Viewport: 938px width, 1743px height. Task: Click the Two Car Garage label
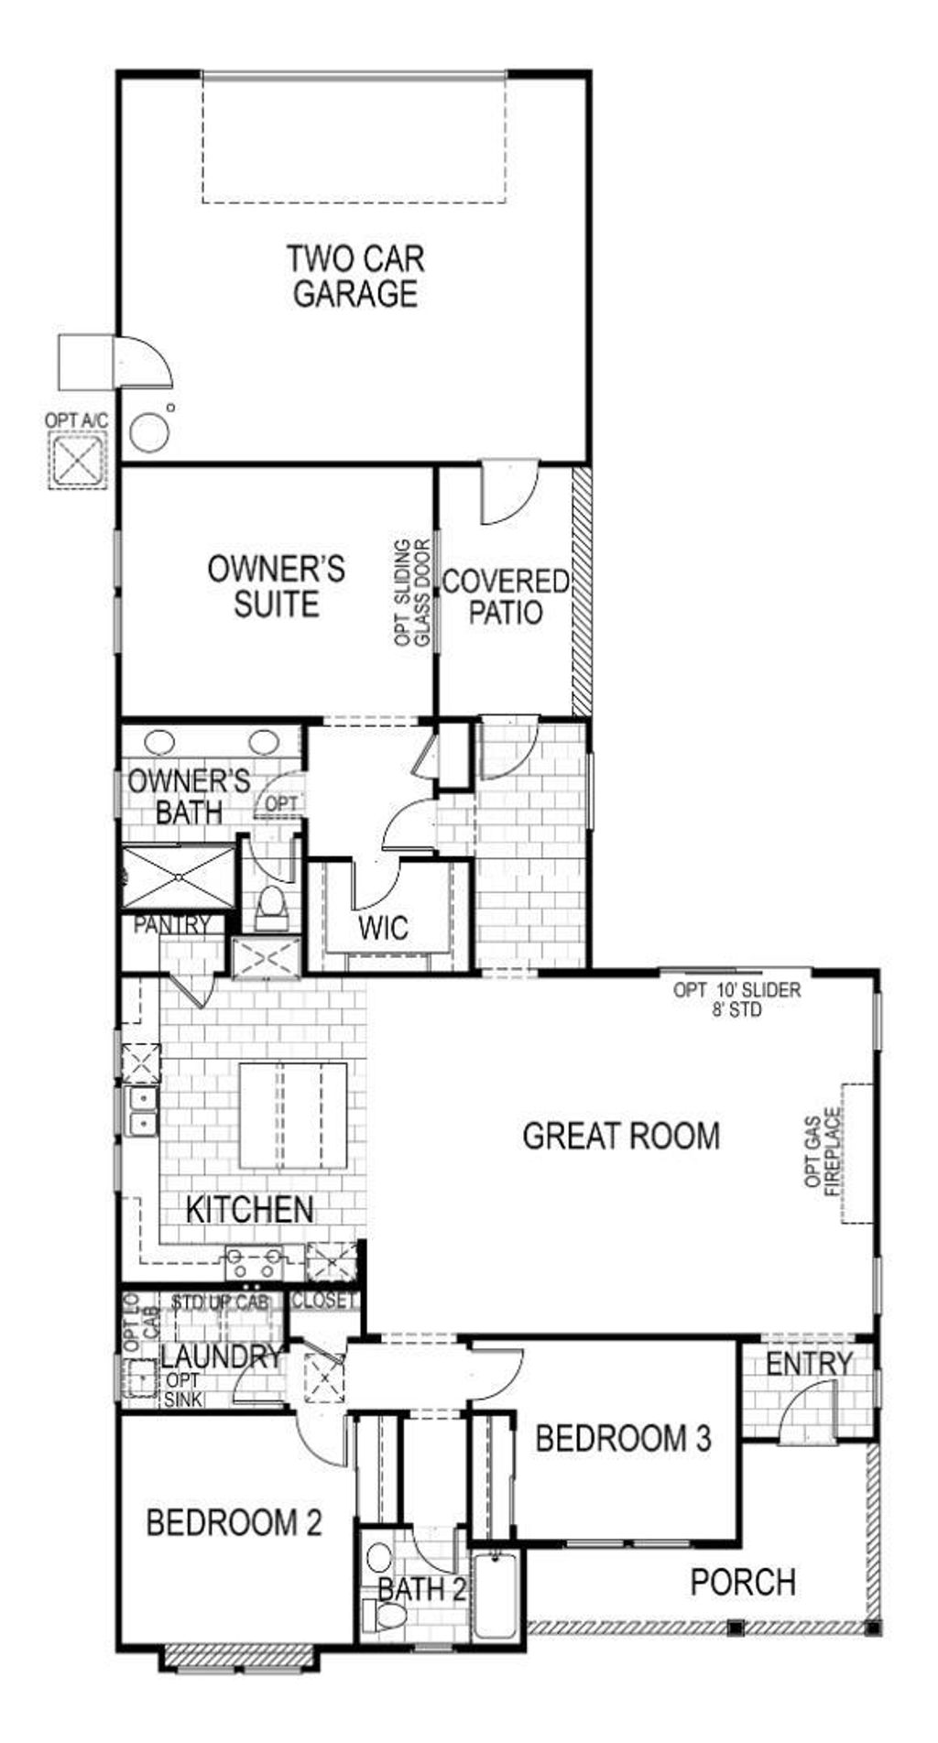tap(355, 277)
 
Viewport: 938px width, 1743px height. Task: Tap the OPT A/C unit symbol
tap(77, 461)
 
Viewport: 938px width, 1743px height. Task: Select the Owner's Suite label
tap(276, 586)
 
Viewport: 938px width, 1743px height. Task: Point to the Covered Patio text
tap(506, 596)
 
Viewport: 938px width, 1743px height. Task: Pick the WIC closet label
tap(384, 928)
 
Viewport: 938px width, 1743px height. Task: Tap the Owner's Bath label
tap(188, 796)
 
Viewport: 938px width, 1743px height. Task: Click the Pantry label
tap(172, 925)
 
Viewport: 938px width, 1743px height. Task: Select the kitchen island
tap(293, 1115)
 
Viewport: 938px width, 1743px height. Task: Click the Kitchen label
tap(249, 1209)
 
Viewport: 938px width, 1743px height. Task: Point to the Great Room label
tap(621, 1136)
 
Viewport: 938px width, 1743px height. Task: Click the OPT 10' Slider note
tap(736, 999)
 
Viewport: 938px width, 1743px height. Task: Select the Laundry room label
tap(221, 1357)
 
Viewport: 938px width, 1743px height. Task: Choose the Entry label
tap(809, 1364)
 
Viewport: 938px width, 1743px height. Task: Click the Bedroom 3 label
tap(623, 1439)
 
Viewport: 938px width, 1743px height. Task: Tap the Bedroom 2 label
tap(234, 1523)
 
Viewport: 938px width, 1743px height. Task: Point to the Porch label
tap(743, 1582)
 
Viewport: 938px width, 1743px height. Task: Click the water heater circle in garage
tap(149, 431)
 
